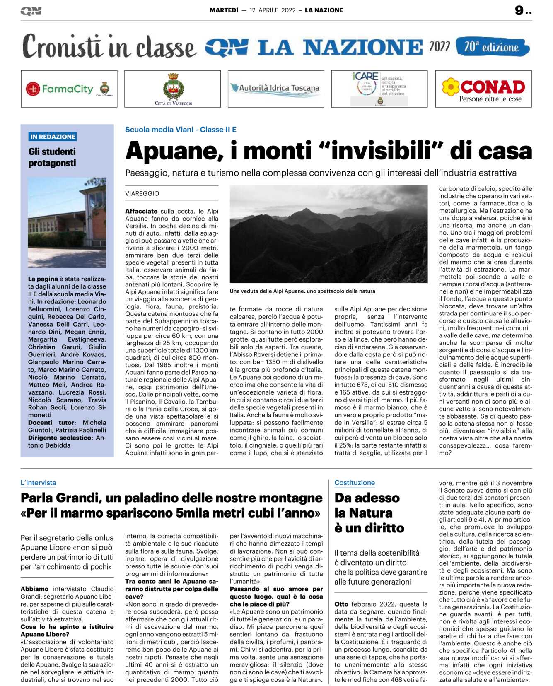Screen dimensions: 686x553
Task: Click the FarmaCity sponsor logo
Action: click(69, 89)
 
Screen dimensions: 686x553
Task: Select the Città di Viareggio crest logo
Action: click(173, 89)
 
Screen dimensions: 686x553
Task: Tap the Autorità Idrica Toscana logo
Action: click(275, 88)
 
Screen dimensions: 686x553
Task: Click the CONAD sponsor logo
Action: click(483, 89)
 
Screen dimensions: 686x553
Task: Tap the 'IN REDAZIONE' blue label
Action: click(53, 137)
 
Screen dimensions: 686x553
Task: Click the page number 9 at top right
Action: click(519, 10)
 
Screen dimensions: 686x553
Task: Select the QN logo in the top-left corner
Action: click(31, 11)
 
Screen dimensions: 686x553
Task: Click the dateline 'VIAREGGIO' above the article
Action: click(142, 193)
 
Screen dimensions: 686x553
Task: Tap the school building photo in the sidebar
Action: click(67, 222)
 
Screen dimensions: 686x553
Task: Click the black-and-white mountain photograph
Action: click(328, 234)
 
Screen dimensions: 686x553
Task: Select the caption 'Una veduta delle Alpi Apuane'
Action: click(302, 291)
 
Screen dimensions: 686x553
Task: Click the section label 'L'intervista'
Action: click(38, 483)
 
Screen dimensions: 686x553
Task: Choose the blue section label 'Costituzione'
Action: click(355, 483)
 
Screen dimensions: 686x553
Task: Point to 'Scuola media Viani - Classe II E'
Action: click(181, 130)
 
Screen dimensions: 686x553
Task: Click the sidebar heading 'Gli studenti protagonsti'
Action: click(52, 157)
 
